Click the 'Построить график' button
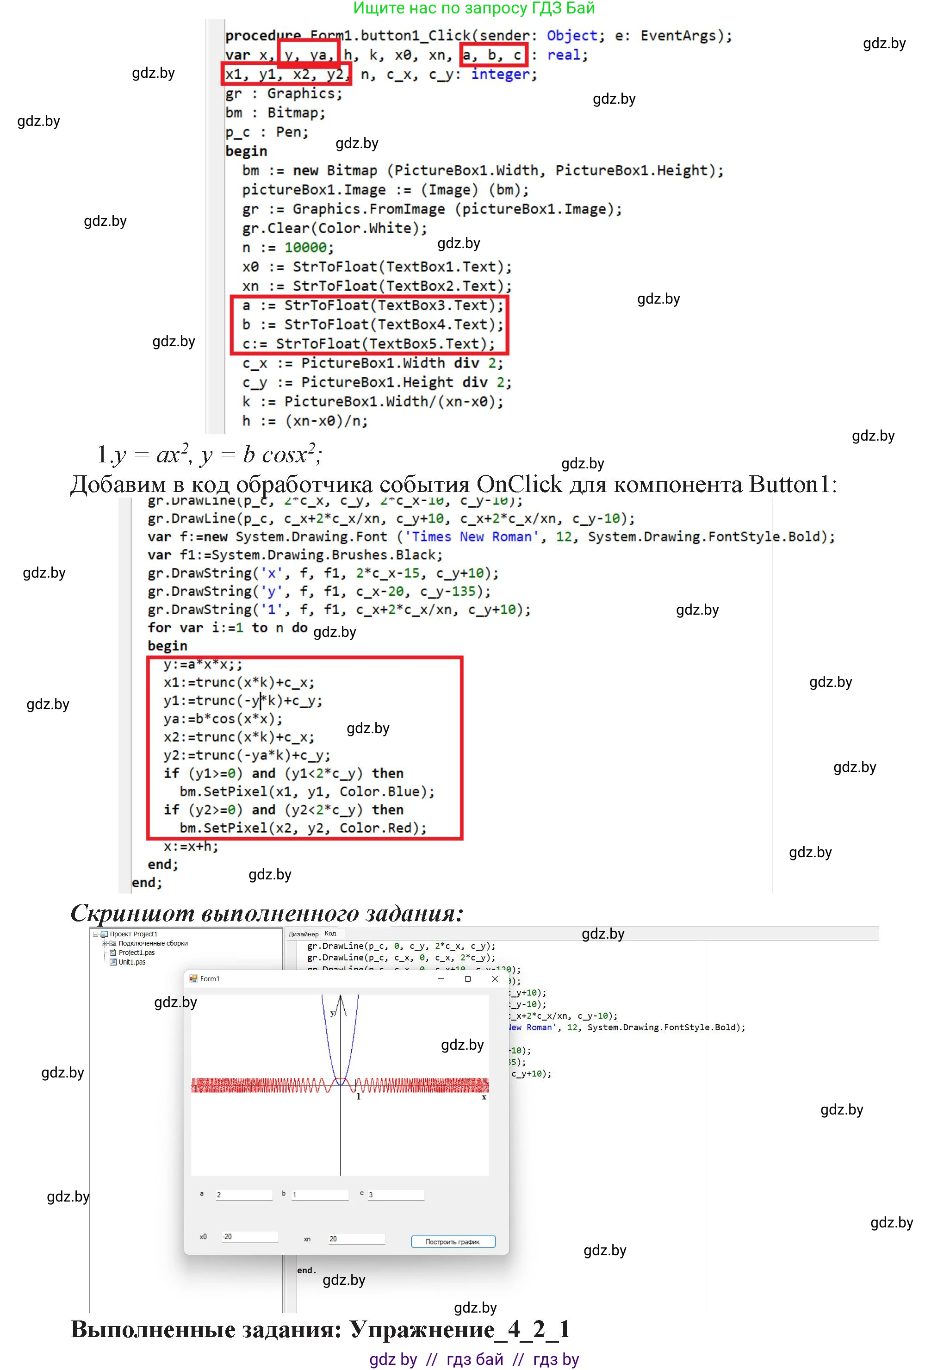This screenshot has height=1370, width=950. click(x=453, y=1241)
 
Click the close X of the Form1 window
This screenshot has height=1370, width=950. click(x=495, y=978)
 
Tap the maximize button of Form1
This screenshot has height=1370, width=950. click(x=468, y=978)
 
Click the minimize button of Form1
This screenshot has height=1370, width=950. click(x=441, y=978)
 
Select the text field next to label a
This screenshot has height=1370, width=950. click(x=243, y=1195)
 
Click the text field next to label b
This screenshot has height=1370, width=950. click(x=320, y=1195)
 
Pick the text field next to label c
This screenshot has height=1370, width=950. click(x=395, y=1195)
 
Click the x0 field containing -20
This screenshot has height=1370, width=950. click(x=249, y=1237)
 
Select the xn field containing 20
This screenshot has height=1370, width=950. click(x=356, y=1239)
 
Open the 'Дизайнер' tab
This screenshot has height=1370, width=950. click(x=303, y=934)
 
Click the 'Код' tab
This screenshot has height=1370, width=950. click(x=330, y=933)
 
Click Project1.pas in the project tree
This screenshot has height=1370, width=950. click(x=137, y=952)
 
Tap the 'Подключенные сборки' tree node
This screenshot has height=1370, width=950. click(x=152, y=943)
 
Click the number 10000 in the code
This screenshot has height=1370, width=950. click(x=305, y=248)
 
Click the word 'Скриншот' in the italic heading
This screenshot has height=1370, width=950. click(x=132, y=913)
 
